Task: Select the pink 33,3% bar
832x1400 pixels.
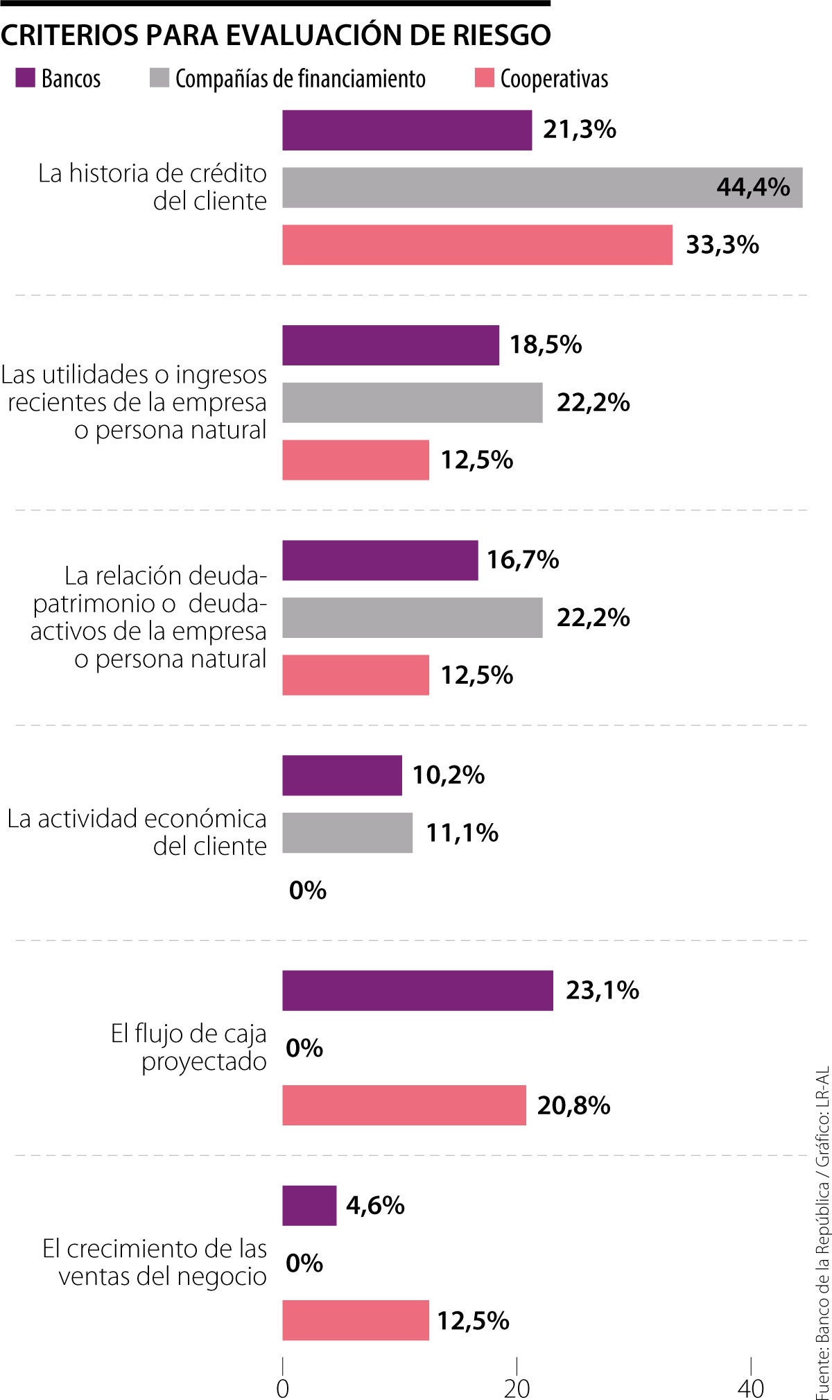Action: [x=477, y=245]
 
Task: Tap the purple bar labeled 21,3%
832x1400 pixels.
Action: [x=407, y=130]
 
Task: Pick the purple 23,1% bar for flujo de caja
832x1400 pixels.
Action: [x=417, y=990]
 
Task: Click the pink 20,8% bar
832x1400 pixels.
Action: [x=404, y=1105]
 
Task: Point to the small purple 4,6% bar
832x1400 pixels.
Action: [x=309, y=1206]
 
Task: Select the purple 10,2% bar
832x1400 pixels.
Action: [x=342, y=775]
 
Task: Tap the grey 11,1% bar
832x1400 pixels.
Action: [x=347, y=833]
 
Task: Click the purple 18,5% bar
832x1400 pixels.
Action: [x=390, y=345]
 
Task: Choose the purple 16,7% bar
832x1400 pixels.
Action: [x=380, y=560]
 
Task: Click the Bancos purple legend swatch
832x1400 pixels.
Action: [x=25, y=78]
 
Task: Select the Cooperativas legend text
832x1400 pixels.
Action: [x=554, y=79]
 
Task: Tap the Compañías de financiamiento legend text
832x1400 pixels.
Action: [x=300, y=79]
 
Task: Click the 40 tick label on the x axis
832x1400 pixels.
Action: [x=750, y=1388]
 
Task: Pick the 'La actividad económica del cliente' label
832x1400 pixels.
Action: [x=137, y=832]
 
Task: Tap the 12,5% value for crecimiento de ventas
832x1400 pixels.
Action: [x=473, y=1321]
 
